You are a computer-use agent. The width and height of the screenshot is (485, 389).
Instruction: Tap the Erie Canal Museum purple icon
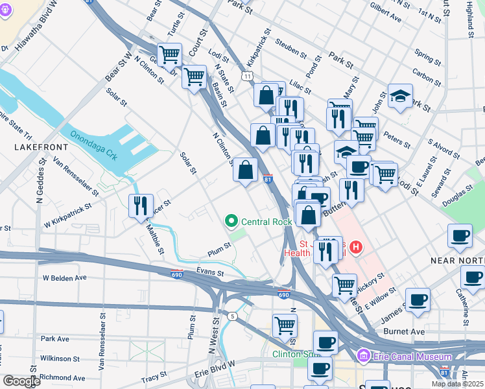363,357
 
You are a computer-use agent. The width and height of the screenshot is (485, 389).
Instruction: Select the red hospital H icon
355,246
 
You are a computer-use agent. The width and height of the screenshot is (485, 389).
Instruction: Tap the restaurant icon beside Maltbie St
141,206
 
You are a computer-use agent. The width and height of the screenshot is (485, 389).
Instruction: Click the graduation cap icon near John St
400,96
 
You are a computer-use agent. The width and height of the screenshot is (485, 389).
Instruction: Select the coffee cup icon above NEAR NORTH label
460,235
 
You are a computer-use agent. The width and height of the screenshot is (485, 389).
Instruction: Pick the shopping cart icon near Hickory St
344,285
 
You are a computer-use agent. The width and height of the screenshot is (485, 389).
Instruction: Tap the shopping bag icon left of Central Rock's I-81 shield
245,170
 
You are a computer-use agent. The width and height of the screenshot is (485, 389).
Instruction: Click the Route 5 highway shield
231,316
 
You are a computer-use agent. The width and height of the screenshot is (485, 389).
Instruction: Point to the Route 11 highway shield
248,76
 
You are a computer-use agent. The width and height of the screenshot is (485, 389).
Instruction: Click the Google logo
21,381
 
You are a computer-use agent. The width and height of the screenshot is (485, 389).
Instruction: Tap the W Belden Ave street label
64,277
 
